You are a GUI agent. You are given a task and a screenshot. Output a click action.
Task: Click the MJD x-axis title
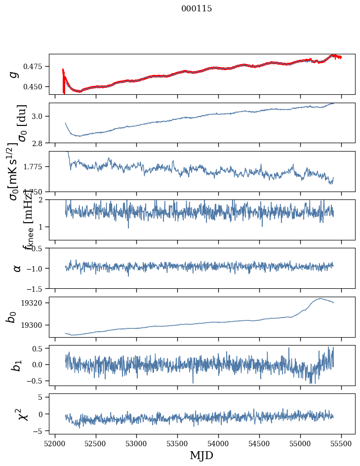201,455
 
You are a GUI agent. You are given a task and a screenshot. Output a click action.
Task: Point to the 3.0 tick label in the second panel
40,116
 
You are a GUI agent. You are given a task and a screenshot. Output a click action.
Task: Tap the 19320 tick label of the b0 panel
35,303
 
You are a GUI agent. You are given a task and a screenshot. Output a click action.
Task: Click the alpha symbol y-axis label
17,268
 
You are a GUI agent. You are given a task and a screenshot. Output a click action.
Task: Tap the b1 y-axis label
17,365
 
